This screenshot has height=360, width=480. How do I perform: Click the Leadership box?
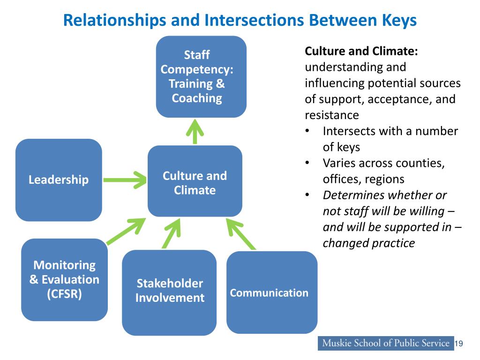pos(59,180)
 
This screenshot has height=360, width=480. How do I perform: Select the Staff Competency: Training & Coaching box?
pos(201,76)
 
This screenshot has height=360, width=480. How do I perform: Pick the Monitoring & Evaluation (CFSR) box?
pos(64,280)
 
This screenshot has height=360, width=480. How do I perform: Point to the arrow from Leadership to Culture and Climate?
pos(125,179)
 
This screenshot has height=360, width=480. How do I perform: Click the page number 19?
pos(459,344)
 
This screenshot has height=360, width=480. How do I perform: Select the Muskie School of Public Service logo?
pos(385,343)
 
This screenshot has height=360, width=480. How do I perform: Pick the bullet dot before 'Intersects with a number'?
pos(307,131)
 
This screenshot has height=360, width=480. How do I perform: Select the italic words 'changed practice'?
pos(369,243)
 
